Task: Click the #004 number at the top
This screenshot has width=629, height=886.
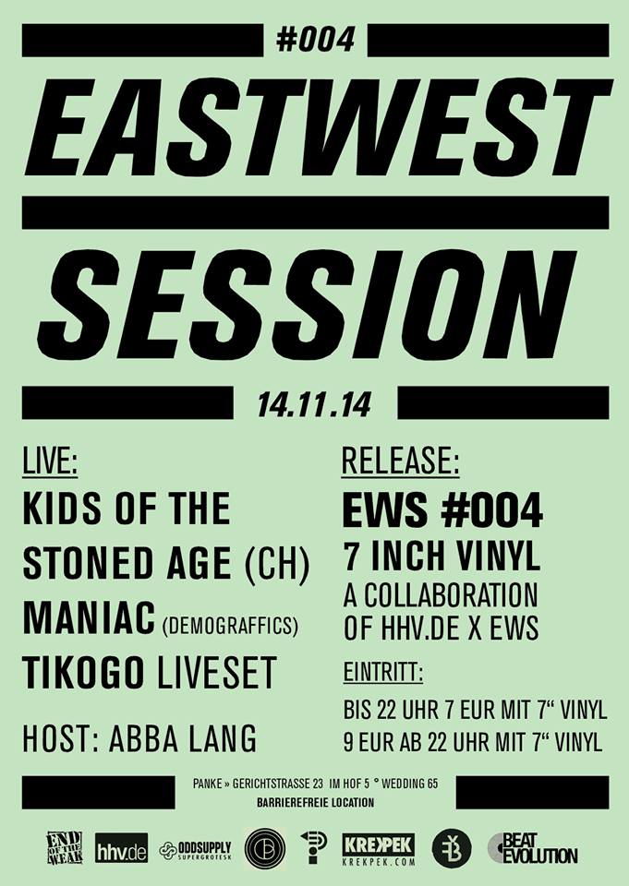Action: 316,40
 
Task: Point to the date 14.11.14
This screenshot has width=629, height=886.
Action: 314,404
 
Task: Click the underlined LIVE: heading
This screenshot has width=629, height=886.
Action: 50,461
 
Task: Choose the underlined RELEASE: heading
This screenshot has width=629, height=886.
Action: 401,461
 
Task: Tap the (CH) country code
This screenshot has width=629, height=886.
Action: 277,564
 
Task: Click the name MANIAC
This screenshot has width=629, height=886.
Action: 89,617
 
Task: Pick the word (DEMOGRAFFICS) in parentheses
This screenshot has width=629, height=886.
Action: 230,625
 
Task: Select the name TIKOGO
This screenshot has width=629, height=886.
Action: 83,672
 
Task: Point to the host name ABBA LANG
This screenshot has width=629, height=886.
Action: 182,738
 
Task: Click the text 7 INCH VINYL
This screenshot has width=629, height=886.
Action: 442,557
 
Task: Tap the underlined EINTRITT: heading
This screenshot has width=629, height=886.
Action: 383,673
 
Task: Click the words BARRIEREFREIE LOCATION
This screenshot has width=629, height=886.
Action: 315,802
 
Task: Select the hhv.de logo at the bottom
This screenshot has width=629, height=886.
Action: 121,847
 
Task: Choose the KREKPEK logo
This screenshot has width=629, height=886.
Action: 379,849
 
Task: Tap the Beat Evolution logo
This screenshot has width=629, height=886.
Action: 533,848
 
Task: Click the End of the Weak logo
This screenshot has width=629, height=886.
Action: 65,847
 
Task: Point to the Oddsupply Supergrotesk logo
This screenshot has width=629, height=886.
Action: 196,850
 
